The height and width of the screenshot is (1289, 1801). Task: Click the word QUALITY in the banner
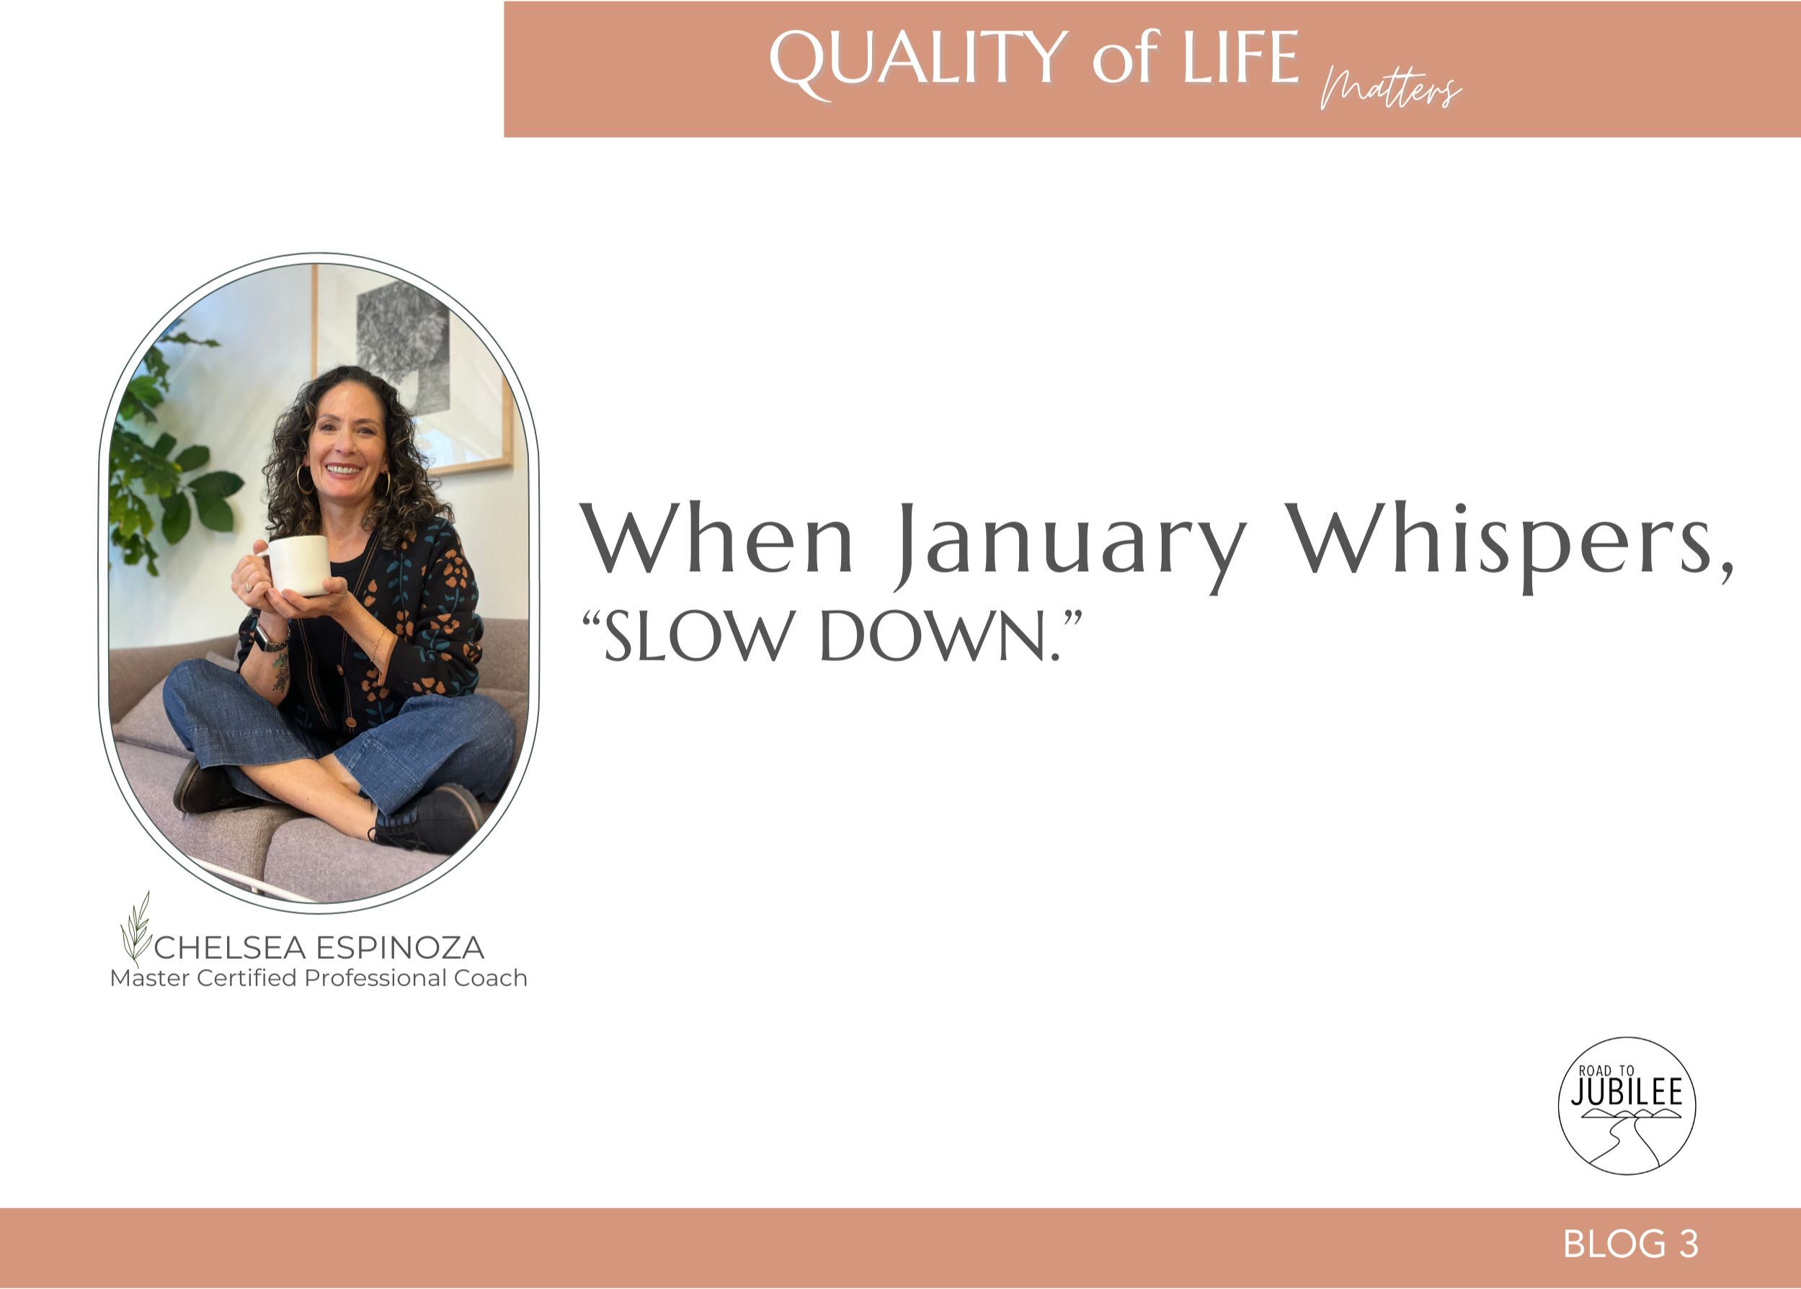click(x=918, y=61)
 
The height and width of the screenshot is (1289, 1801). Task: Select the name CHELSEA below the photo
click(x=230, y=948)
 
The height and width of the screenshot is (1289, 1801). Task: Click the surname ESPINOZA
click(x=400, y=948)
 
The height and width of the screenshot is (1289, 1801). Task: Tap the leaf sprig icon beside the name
click(x=135, y=929)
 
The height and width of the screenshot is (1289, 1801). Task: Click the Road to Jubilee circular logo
click(x=1627, y=1106)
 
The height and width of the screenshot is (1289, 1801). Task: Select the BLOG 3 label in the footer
click(x=1630, y=1244)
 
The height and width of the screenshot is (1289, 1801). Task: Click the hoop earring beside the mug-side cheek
click(x=304, y=479)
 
